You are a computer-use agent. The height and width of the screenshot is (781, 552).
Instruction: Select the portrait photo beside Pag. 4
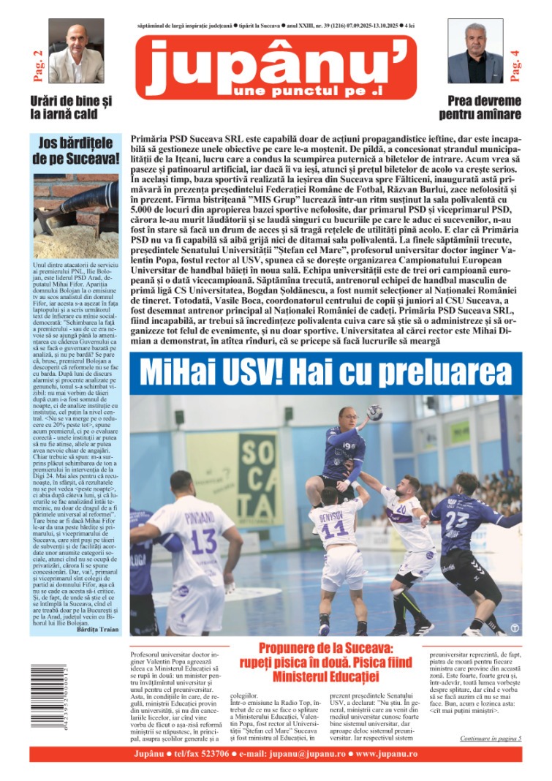tap(475, 52)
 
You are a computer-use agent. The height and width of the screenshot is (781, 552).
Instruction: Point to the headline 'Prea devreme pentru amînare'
tap(480, 107)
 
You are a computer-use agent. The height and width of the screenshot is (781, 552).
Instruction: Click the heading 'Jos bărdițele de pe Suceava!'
tap(76, 149)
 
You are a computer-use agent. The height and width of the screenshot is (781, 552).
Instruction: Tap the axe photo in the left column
tap(76, 215)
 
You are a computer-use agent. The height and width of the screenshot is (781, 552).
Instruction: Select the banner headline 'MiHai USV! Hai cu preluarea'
tap(326, 372)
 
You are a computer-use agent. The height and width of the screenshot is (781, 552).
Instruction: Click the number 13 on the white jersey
tap(204, 542)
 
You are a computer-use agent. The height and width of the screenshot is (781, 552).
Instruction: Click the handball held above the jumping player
tap(374, 412)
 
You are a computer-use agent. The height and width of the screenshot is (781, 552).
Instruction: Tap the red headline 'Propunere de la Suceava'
tap(327, 649)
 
